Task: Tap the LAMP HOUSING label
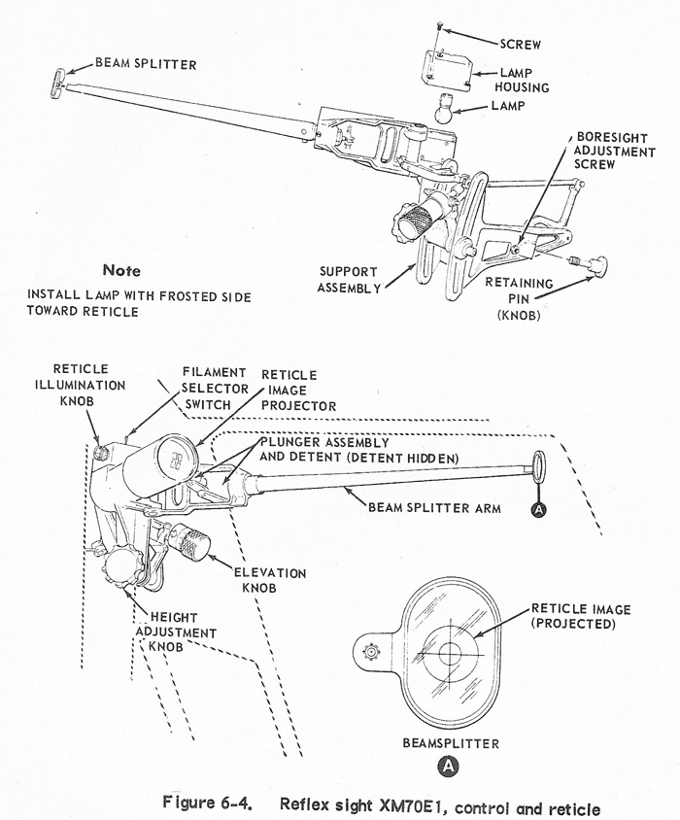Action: [x=524, y=80]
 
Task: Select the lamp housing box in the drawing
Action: [x=446, y=68]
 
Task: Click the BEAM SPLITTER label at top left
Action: [x=146, y=64]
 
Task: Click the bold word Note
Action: [x=120, y=270]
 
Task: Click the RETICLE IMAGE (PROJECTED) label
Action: [x=581, y=616]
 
